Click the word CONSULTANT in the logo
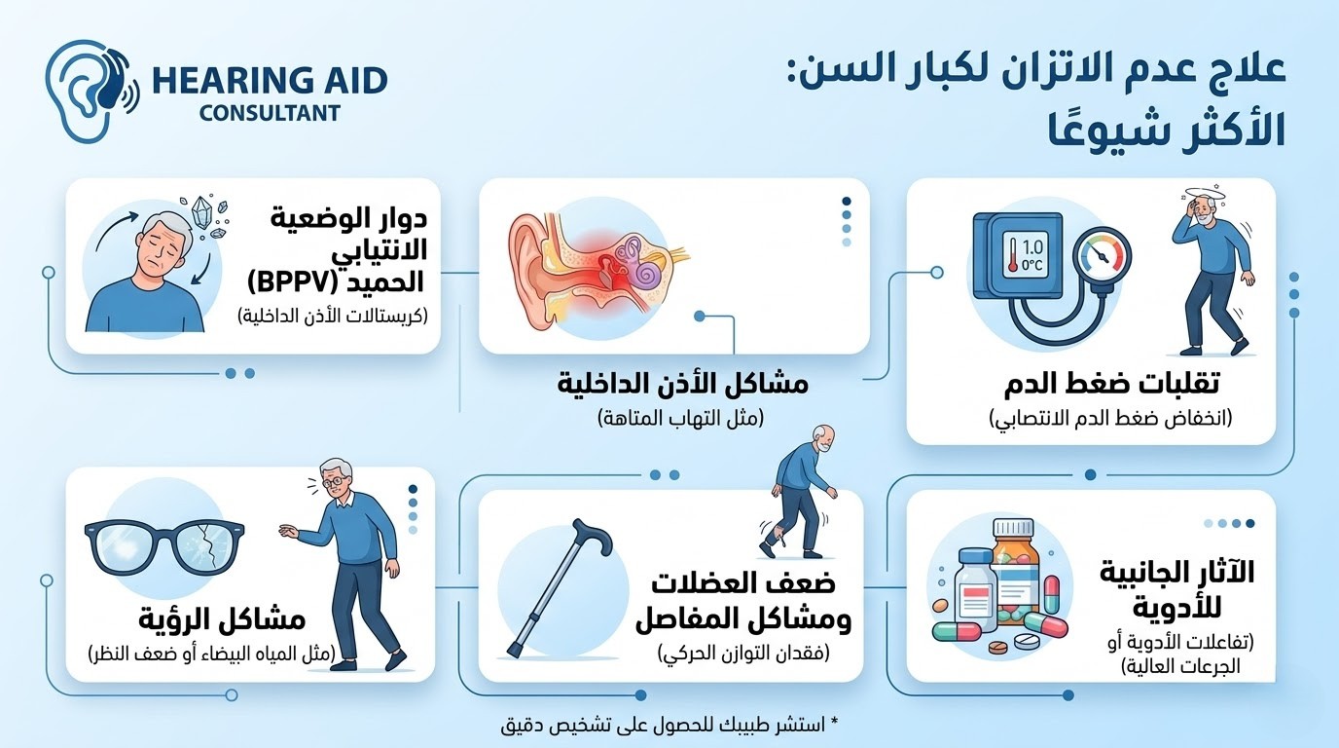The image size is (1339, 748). [270, 112]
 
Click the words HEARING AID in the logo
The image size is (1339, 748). [270, 79]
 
